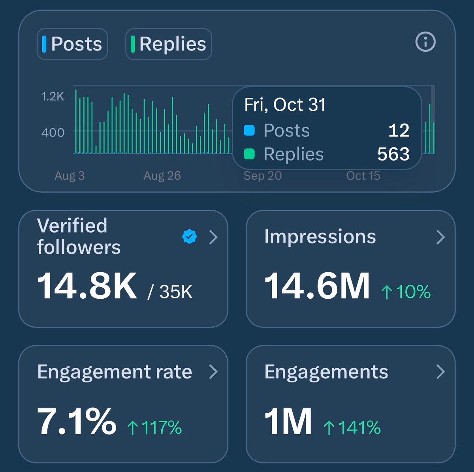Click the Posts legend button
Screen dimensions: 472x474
(x=72, y=44)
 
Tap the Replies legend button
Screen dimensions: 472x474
(x=169, y=44)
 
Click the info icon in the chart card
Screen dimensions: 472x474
(x=425, y=41)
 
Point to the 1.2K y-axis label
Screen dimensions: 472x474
(x=53, y=96)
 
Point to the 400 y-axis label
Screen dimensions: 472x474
(x=53, y=132)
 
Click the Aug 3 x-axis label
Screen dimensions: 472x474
(x=70, y=176)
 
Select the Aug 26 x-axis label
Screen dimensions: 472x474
(x=162, y=176)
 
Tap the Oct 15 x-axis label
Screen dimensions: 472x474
(x=363, y=176)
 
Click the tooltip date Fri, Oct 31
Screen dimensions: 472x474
(x=285, y=105)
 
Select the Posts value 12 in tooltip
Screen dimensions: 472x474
(x=399, y=131)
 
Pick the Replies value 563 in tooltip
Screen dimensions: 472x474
(x=393, y=154)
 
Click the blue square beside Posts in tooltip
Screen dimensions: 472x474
(x=249, y=131)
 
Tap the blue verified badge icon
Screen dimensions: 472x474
(x=190, y=237)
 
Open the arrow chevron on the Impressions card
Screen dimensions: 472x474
(x=440, y=237)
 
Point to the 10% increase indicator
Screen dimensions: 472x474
(x=406, y=292)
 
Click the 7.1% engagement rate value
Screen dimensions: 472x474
(x=77, y=421)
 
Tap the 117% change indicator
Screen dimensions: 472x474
(x=154, y=427)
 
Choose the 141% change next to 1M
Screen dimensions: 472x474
(x=352, y=427)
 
